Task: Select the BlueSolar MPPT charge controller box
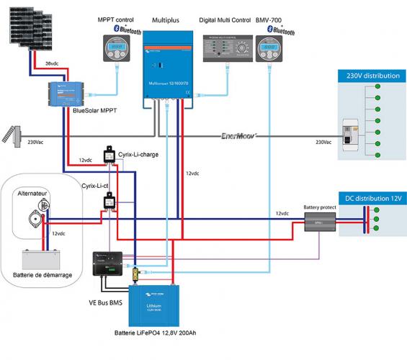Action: click(x=68, y=91)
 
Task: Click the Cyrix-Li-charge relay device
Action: click(x=112, y=153)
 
